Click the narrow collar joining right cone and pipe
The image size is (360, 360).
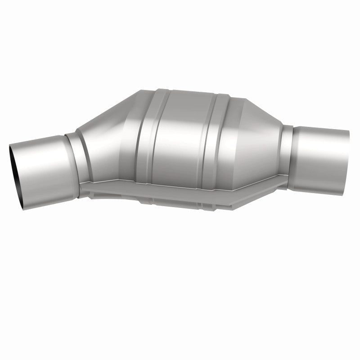pos(288,144)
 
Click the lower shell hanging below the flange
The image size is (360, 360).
pos(180,198)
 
